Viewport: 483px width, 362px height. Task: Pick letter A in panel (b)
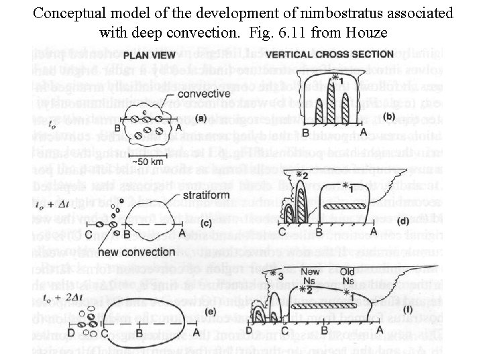coord(364,133)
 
